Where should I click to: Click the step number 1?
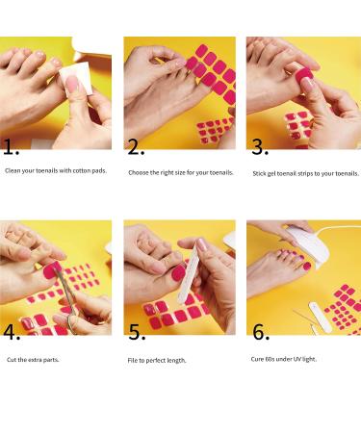point(11,147)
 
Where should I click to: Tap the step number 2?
point(136,147)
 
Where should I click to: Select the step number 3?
point(260,147)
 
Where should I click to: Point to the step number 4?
point(12,332)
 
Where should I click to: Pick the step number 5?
point(137,332)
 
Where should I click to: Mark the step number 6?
point(261,332)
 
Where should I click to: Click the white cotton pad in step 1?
point(75,79)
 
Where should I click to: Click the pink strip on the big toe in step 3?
point(303,76)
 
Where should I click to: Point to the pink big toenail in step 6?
point(307,267)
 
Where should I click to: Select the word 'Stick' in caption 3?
point(259,173)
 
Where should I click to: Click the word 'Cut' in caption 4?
point(12,360)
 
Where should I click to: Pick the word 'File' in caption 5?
point(133,360)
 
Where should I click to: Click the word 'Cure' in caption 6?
point(257,359)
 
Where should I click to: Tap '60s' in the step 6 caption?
point(271,359)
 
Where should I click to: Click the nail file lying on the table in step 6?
point(320,317)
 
